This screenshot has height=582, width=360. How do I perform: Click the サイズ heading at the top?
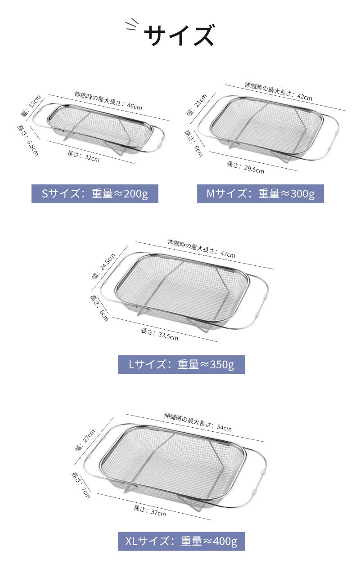pos(180,35)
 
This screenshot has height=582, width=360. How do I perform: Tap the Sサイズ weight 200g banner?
pos(95,194)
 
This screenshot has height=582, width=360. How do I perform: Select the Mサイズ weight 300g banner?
pos(261,194)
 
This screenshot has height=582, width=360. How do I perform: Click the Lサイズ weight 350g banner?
pos(181,364)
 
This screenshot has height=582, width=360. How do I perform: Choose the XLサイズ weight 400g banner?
pos(181,541)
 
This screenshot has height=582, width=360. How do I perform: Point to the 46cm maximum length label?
pos(108,101)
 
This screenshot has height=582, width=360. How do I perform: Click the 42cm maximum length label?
pos(279,91)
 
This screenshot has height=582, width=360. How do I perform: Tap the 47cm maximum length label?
pos(202,249)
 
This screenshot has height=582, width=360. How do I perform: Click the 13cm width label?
pos(31,106)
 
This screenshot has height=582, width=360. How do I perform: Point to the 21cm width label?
pos(197,104)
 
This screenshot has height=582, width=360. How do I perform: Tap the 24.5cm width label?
pos(103,266)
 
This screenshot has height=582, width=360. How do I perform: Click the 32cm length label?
pos(83,156)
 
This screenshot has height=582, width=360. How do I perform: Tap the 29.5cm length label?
pos(245,167)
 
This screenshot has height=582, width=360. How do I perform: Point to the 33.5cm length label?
pos(160,334)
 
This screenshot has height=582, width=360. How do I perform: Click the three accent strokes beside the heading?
pos(132,24)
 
